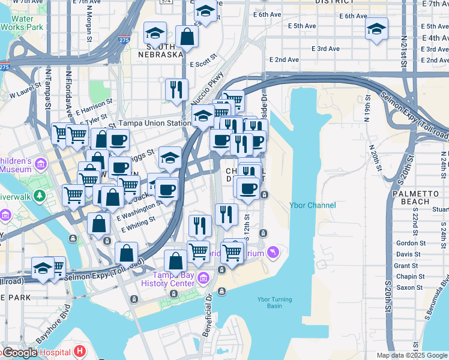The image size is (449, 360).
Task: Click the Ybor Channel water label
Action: pyautogui.click(x=313, y=205)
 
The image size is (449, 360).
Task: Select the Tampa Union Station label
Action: pyautogui.click(x=154, y=123)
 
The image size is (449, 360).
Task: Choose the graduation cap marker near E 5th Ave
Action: pyautogui.click(x=376, y=29)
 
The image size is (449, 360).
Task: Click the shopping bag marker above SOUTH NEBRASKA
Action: pyautogui.click(x=187, y=37)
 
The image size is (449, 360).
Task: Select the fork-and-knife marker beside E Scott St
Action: pyautogui.click(x=176, y=89)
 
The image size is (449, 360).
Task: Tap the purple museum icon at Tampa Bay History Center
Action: pyautogui.click(x=203, y=278)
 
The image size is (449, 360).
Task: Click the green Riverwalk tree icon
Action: pyautogui.click(x=40, y=196)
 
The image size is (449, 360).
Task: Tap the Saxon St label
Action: pyautogui.click(x=410, y=287)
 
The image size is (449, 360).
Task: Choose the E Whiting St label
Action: pyautogui.click(x=139, y=225)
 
